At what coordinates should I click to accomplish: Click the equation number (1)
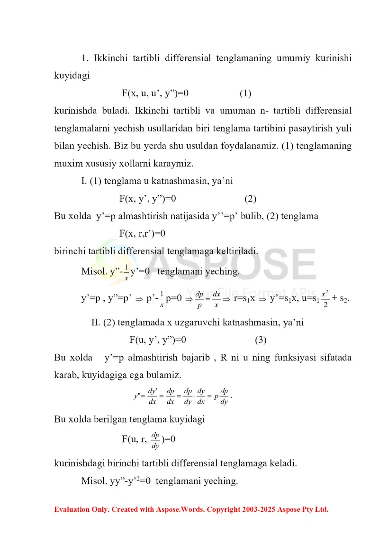[245, 93]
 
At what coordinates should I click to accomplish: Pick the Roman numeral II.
[96, 323]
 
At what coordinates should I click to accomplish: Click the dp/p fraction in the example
[199, 299]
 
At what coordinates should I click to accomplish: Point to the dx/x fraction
[217, 299]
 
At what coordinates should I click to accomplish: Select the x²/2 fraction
[324, 299]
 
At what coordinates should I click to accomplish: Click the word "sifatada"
[334, 358]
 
